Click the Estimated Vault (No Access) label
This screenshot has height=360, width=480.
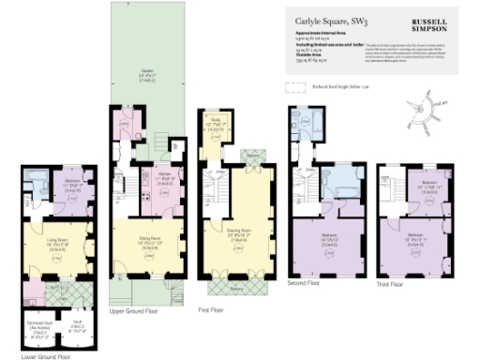click(39, 327)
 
